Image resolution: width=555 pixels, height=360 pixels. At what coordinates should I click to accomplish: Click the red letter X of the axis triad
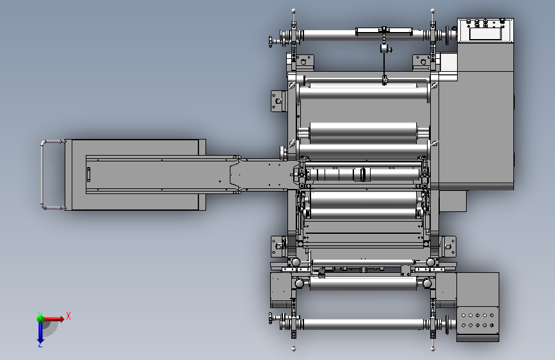[x=68, y=316]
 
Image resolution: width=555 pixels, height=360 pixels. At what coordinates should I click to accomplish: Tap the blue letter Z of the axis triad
[x=40, y=344]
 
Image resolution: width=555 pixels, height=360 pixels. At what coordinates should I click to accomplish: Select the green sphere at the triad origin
[x=40, y=319]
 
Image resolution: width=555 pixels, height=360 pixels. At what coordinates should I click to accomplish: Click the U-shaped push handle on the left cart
[x=42, y=174]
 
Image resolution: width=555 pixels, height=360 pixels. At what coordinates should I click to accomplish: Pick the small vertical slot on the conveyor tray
[x=88, y=175]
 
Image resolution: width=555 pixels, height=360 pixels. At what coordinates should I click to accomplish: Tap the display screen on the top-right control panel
[x=486, y=34]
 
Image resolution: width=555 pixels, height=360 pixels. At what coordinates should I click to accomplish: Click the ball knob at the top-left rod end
[x=293, y=11]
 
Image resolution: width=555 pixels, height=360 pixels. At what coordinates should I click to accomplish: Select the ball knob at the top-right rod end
[x=433, y=11]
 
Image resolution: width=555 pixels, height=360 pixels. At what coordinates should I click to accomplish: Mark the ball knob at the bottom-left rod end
[x=293, y=349]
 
